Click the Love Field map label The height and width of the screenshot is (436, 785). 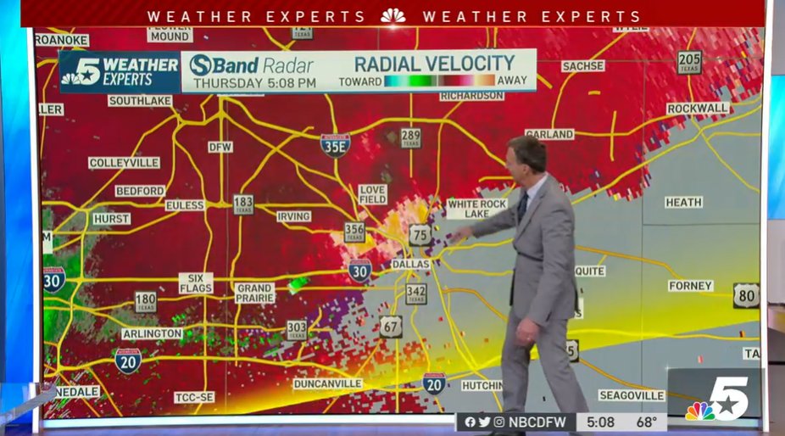tap(372, 194)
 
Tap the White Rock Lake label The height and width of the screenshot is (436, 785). tap(477, 209)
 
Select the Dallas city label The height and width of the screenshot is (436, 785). tap(411, 265)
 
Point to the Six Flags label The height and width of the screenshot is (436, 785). tap(196, 283)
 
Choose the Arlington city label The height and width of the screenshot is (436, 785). tap(152, 334)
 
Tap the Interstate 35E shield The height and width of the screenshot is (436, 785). tap(336, 145)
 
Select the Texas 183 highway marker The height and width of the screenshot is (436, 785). tap(243, 204)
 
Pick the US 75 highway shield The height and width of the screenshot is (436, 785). tap(420, 235)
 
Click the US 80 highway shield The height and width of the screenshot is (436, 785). tap(746, 295)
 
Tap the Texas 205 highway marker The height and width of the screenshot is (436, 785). tap(689, 62)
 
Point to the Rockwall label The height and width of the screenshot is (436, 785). tap(698, 109)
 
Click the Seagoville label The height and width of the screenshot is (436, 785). tap(632, 395)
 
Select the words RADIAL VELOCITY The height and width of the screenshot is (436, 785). tap(434, 64)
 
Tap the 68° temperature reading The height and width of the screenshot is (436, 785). tap(647, 422)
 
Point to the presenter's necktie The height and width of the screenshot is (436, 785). tap(523, 207)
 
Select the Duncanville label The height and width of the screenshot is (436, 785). tap(328, 384)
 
